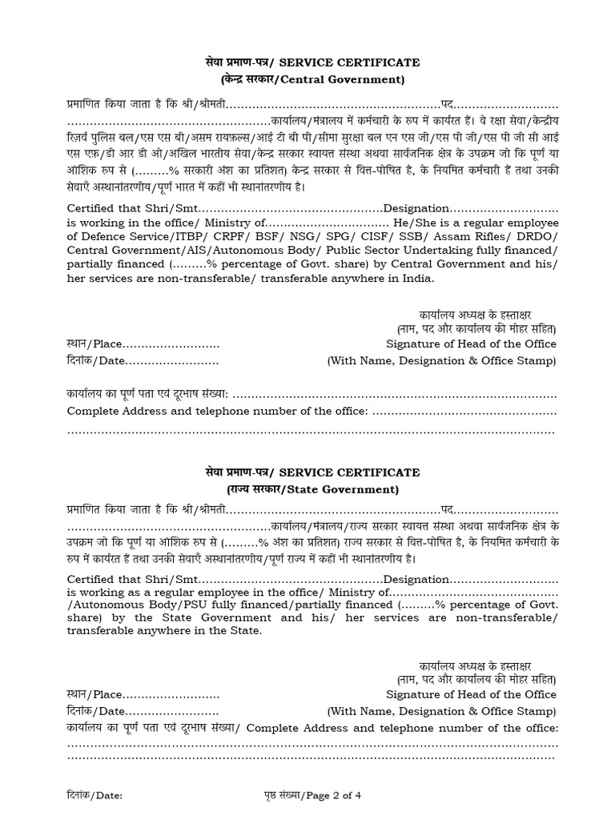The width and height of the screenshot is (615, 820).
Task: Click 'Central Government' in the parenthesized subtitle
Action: [x=351, y=79]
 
